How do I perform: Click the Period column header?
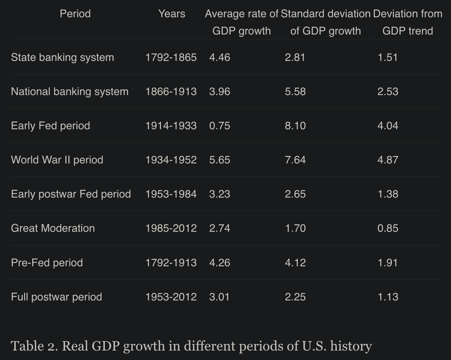pyautogui.click(x=75, y=14)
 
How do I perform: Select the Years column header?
pyautogui.click(x=172, y=14)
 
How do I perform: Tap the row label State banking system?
pyautogui.click(x=63, y=58)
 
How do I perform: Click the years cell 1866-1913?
pyautogui.click(x=171, y=92)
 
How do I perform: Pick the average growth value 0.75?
pyautogui.click(x=219, y=126)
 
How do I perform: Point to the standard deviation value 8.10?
pyautogui.click(x=295, y=126)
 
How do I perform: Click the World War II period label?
pyautogui.click(x=57, y=160)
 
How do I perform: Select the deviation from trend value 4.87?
pyautogui.click(x=388, y=160)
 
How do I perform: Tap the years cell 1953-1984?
pyautogui.click(x=171, y=194)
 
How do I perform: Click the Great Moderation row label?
pyautogui.click(x=53, y=228)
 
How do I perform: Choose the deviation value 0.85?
pyautogui.click(x=388, y=228)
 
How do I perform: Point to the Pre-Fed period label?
pyautogui.click(x=47, y=263)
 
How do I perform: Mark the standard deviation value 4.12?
pyautogui.click(x=295, y=263)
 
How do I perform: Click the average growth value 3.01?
pyautogui.click(x=219, y=297)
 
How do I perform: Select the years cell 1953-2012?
pyautogui.click(x=171, y=297)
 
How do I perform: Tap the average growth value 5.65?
pyautogui.click(x=219, y=160)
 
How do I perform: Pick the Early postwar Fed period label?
pyautogui.click(x=71, y=194)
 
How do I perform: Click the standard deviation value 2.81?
pyautogui.click(x=295, y=58)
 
